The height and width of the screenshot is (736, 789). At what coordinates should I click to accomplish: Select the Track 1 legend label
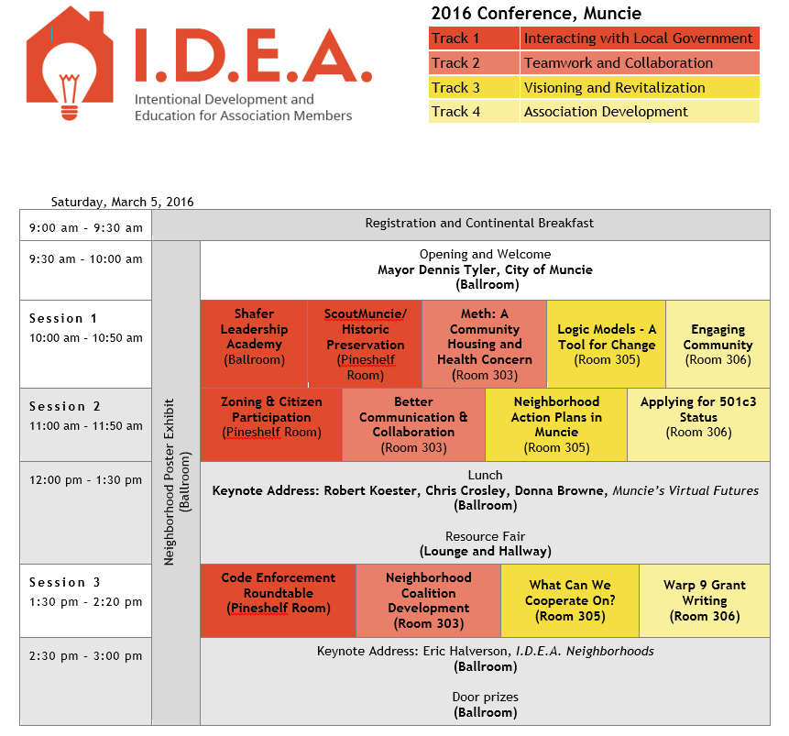[455, 38]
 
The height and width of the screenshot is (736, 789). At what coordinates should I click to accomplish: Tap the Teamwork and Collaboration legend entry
[619, 63]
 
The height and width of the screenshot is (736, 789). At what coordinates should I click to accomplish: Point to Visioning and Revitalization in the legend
[614, 88]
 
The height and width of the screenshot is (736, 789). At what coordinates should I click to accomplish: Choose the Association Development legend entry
[606, 111]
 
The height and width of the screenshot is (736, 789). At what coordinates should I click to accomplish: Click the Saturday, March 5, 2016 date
[122, 202]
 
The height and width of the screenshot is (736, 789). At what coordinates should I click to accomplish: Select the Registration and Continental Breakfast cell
[479, 223]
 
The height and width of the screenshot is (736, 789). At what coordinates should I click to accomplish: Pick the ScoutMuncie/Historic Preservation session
[365, 345]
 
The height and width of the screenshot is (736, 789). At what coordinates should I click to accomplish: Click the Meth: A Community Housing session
[484, 345]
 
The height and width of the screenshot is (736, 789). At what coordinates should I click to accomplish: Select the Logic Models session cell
[607, 345]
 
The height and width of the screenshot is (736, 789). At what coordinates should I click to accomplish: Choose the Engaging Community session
[718, 345]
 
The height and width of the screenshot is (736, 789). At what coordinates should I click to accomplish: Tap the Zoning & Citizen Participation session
[271, 425]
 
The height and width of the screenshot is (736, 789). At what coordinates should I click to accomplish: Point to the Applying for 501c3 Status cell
[698, 425]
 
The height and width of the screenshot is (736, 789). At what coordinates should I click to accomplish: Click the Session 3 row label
[64, 582]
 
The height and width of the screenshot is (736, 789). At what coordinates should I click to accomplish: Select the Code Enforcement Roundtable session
[279, 600]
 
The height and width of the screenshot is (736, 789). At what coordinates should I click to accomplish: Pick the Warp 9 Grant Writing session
[705, 600]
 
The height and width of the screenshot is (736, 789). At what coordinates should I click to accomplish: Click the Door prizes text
[485, 698]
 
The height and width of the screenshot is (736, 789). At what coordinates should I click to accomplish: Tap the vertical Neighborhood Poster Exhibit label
[169, 482]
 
